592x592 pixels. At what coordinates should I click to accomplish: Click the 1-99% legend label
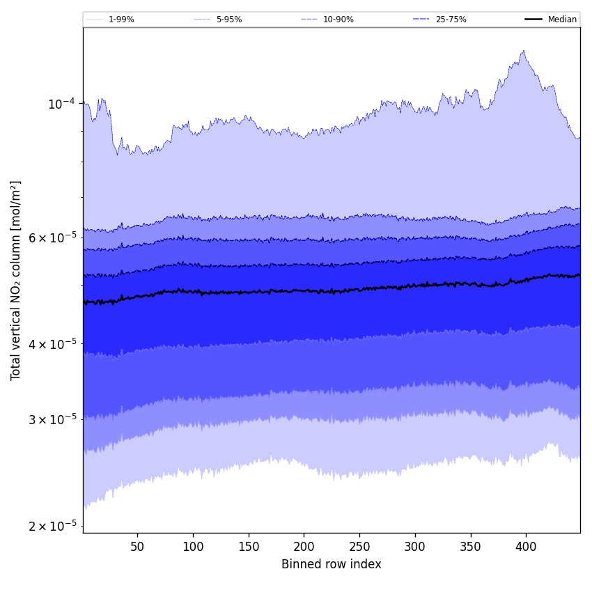pos(121,20)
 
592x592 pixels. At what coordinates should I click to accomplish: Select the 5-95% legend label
pos(228,20)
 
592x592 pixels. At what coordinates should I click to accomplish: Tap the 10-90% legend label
pos(338,20)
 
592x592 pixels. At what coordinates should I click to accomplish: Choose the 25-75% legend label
pos(451,20)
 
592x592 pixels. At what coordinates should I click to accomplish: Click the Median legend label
pos(562,20)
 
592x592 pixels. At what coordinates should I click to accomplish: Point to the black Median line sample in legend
pos(533,20)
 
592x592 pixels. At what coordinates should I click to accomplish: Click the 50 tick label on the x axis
pos(137,547)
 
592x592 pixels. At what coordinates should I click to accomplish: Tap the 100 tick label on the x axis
pos(193,547)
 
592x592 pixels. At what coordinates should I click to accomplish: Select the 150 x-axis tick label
pos(249,547)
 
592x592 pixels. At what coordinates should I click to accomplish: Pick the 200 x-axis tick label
pos(304,547)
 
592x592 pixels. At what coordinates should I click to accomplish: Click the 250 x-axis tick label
pos(359,547)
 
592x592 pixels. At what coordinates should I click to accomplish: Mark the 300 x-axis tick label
pos(415,547)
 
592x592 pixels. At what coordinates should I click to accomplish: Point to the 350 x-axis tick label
pos(471,547)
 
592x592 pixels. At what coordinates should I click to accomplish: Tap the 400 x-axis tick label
pos(526,547)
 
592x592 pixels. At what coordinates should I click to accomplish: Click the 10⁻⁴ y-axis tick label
pos(61,104)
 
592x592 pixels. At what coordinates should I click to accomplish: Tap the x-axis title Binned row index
pos(332,564)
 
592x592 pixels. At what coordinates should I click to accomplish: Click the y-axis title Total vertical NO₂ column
pos(16,280)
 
